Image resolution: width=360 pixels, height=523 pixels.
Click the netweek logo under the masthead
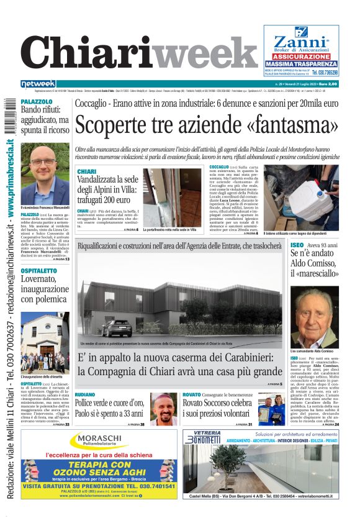[38, 83]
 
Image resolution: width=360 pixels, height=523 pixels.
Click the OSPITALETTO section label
[39, 272]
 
